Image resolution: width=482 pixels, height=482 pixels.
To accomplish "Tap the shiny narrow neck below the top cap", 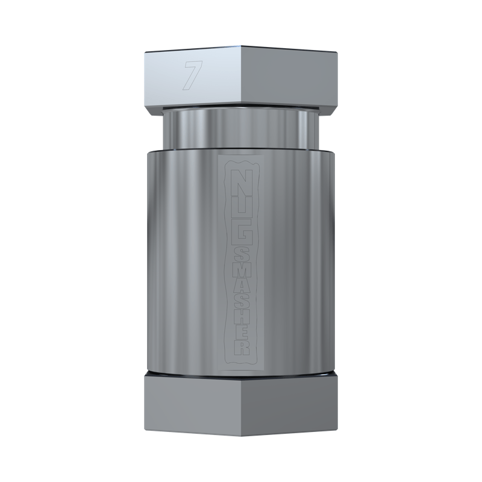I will pos(241,130).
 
